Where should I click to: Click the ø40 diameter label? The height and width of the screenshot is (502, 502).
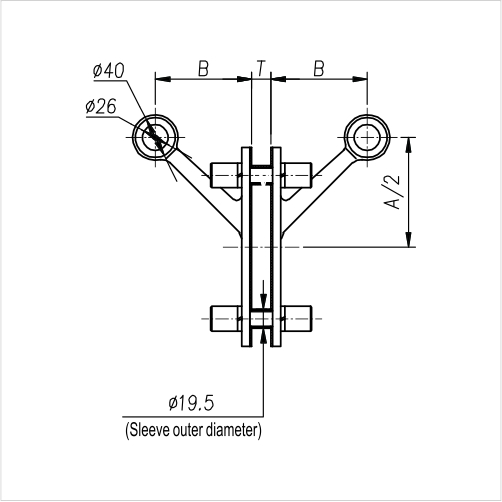(x=107, y=71)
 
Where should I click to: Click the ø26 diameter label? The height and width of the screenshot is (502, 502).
(x=103, y=105)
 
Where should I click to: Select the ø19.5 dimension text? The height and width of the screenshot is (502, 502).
(x=192, y=404)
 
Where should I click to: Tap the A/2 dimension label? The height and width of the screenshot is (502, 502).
(x=394, y=190)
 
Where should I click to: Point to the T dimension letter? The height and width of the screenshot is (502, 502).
(x=260, y=68)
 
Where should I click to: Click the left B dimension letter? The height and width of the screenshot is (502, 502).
(x=202, y=68)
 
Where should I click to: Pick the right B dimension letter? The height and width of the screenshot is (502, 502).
(x=319, y=68)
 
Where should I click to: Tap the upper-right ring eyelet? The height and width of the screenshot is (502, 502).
(x=364, y=135)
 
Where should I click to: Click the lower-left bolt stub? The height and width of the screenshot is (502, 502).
(x=224, y=319)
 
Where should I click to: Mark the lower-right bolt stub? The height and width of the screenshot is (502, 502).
(x=298, y=319)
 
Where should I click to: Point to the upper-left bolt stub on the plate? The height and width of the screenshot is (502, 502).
(x=224, y=174)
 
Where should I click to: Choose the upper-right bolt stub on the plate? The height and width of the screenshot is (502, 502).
(x=298, y=174)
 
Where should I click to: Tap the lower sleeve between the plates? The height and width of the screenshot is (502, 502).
(x=261, y=319)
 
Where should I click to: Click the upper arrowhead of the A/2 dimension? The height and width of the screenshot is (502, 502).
(x=408, y=142)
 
